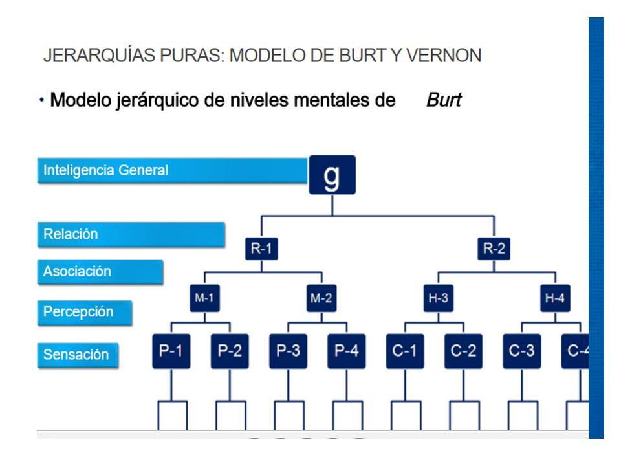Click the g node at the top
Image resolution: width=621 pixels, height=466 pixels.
click(x=332, y=175)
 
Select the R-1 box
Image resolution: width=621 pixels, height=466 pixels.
click(x=261, y=249)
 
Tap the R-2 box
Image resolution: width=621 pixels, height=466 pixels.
click(x=494, y=249)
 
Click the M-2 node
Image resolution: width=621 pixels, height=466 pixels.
click(x=321, y=298)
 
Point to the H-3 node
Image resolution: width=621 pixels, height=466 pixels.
click(x=437, y=298)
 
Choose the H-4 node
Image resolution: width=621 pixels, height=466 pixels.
click(x=556, y=298)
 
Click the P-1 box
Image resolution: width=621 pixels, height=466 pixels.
click(x=171, y=351)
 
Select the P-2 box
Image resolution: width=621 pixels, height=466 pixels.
click(x=230, y=351)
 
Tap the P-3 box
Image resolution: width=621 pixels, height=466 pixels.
click(x=288, y=351)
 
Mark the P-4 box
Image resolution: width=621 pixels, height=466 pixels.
click(x=347, y=351)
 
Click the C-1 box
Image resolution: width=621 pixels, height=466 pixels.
click(x=405, y=351)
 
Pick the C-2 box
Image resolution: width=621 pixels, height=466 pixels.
click(x=463, y=351)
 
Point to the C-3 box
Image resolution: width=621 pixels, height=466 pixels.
click(x=522, y=351)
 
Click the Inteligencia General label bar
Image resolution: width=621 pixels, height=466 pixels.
click(x=171, y=171)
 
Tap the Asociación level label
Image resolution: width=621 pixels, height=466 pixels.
click(x=100, y=272)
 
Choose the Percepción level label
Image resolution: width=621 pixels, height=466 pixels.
click(x=84, y=312)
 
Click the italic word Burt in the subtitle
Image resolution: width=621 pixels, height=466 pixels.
click(x=444, y=101)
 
